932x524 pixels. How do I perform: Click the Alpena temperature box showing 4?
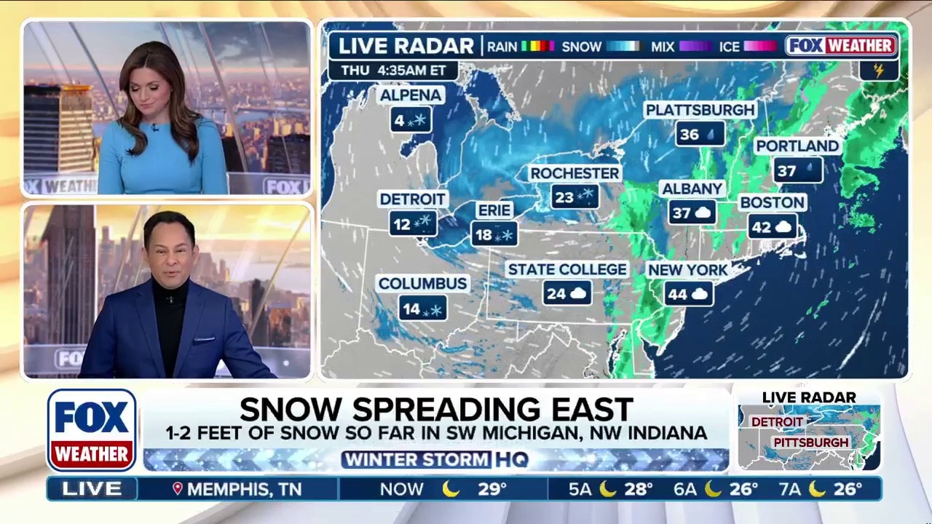[411, 120]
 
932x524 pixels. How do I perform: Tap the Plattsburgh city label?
[700, 110]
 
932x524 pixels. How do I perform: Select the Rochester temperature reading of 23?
[574, 196]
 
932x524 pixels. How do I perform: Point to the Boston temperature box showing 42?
[772, 227]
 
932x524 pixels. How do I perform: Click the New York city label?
[687, 270]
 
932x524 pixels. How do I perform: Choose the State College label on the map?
[567, 269]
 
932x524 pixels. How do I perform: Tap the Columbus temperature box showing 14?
[422, 309]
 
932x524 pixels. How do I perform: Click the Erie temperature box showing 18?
[494, 234]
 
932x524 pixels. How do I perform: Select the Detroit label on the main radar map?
[412, 199]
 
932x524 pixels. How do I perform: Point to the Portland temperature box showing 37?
[797, 171]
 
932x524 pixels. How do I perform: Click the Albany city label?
[692, 188]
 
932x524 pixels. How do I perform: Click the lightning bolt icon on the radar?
[880, 71]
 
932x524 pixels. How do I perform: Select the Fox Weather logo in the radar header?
[841, 46]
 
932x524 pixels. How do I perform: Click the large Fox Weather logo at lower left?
[92, 430]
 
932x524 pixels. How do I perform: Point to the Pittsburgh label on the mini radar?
[810, 442]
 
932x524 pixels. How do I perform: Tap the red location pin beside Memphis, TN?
[177, 489]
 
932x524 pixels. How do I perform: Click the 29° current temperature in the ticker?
[492, 489]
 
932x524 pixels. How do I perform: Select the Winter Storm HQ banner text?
[435, 460]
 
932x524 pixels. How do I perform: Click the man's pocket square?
[204, 338]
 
